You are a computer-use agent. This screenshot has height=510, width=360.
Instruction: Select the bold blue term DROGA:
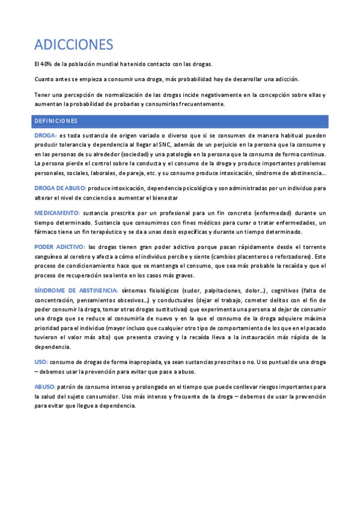click(46, 135)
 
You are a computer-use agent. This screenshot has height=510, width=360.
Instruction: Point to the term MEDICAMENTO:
click(57, 213)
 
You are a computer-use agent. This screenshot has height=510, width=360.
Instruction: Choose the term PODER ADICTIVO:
click(59, 247)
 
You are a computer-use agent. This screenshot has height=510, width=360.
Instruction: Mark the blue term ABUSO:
click(44, 387)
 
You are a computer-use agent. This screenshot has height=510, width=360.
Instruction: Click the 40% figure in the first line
click(46, 64)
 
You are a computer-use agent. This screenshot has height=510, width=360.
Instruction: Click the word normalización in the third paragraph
click(119, 94)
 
